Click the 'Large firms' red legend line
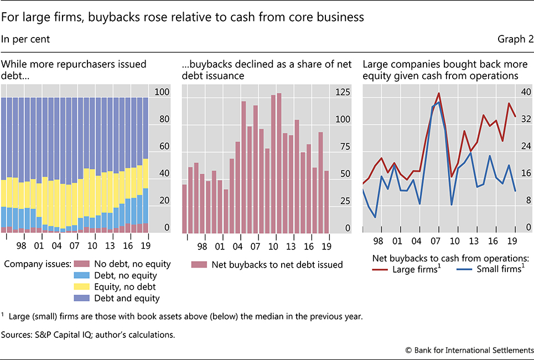tap(380, 269)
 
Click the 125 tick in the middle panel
tap(343, 92)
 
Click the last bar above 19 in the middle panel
tap(326, 202)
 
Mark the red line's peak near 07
tap(439, 93)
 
